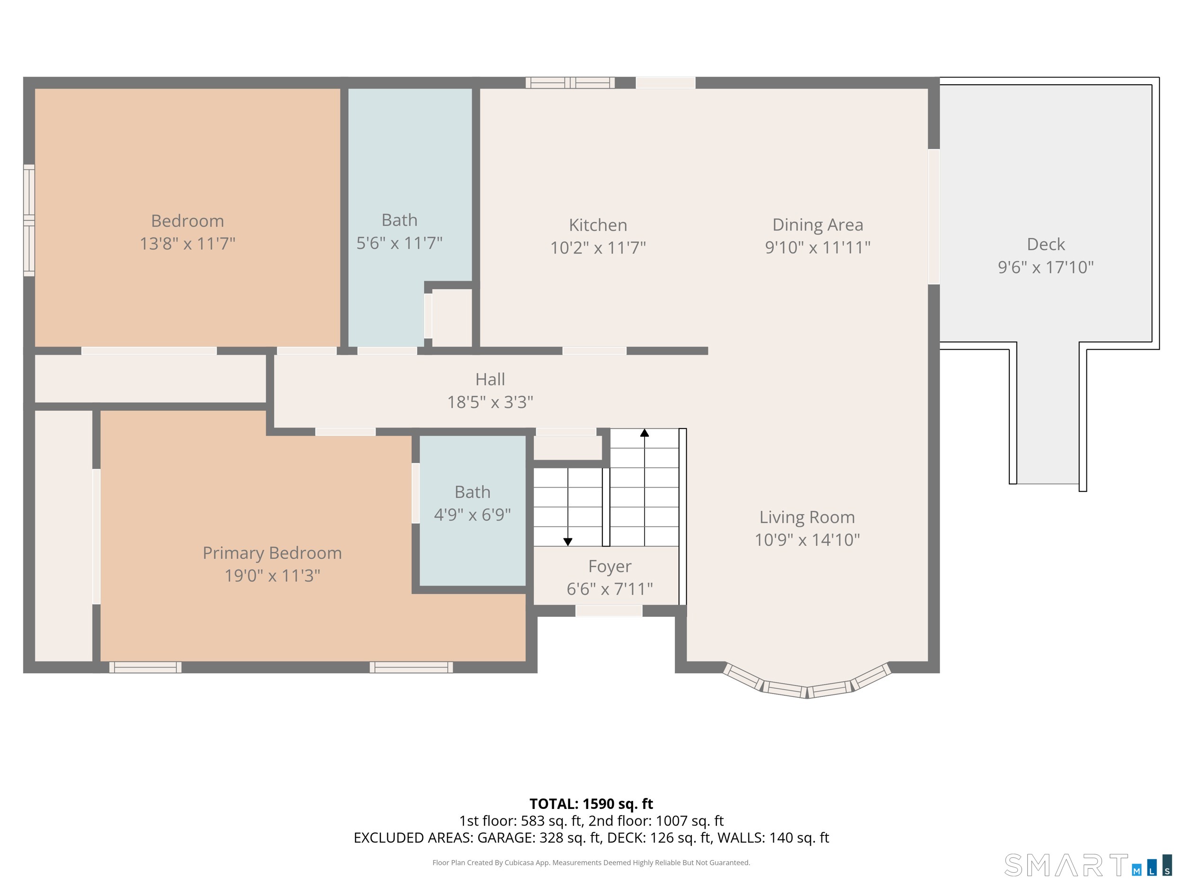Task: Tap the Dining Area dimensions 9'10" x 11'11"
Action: click(817, 247)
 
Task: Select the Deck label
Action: click(1046, 245)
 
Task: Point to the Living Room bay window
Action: click(806, 687)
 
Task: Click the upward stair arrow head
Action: click(644, 433)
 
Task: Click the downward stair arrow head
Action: click(568, 542)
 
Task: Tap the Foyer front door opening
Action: click(609, 611)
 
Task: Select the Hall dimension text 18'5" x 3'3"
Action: click(490, 402)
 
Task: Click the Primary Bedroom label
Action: click(272, 553)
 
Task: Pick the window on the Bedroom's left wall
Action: click(29, 220)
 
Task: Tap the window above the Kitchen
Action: click(570, 82)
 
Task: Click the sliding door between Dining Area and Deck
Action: click(933, 217)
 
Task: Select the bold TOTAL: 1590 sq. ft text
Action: click(591, 804)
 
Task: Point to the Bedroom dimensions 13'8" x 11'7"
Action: click(187, 244)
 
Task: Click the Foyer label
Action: click(609, 566)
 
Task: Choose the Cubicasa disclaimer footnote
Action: click(591, 862)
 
